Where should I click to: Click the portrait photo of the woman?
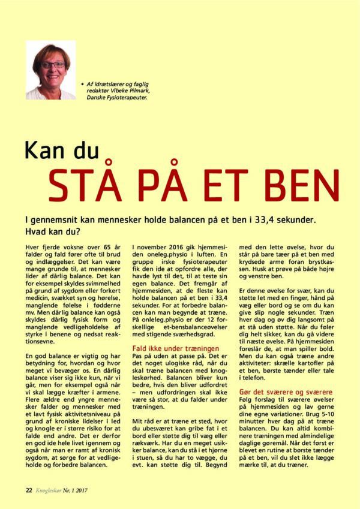pyautogui.click(x=50, y=70)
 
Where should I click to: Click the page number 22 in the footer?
pyautogui.click(x=29, y=489)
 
